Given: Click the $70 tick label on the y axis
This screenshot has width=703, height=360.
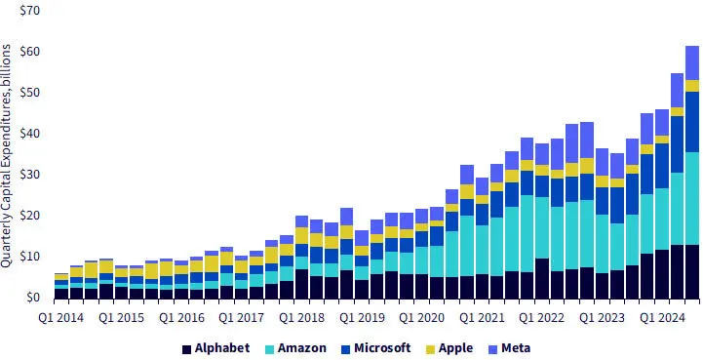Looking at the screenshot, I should [28, 10].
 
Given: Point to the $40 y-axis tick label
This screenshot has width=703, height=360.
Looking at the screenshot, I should [28, 133].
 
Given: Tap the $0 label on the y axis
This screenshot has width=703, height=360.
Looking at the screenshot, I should [32, 298].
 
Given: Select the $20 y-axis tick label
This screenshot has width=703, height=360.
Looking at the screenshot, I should [28, 216].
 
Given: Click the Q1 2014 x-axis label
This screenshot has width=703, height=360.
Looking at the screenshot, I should [61, 317].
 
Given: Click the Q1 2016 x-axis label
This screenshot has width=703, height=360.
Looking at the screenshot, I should [181, 317].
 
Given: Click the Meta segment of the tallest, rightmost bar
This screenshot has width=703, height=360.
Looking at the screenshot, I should [692, 62].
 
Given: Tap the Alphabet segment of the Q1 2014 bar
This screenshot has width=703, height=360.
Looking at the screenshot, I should [61, 293].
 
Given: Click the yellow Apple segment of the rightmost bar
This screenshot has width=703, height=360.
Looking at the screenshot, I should [692, 86].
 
